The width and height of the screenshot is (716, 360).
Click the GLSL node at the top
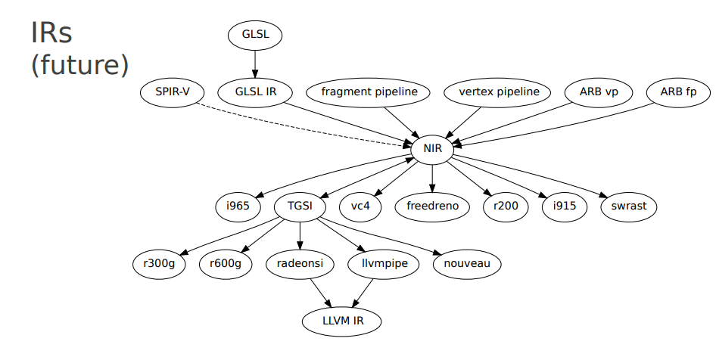(x=254, y=35)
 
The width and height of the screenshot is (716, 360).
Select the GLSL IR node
(x=254, y=92)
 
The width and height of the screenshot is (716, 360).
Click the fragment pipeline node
(x=369, y=92)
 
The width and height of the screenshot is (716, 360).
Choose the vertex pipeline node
(x=499, y=92)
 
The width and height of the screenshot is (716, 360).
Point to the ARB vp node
(x=599, y=92)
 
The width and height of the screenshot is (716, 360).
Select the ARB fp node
(x=679, y=92)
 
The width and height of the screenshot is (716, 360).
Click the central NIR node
(x=432, y=149)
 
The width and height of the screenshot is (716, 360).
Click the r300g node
(x=159, y=264)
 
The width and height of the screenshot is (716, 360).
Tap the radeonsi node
(x=300, y=264)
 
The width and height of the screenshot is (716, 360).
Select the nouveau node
(x=467, y=264)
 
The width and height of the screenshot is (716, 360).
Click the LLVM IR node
(x=342, y=321)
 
